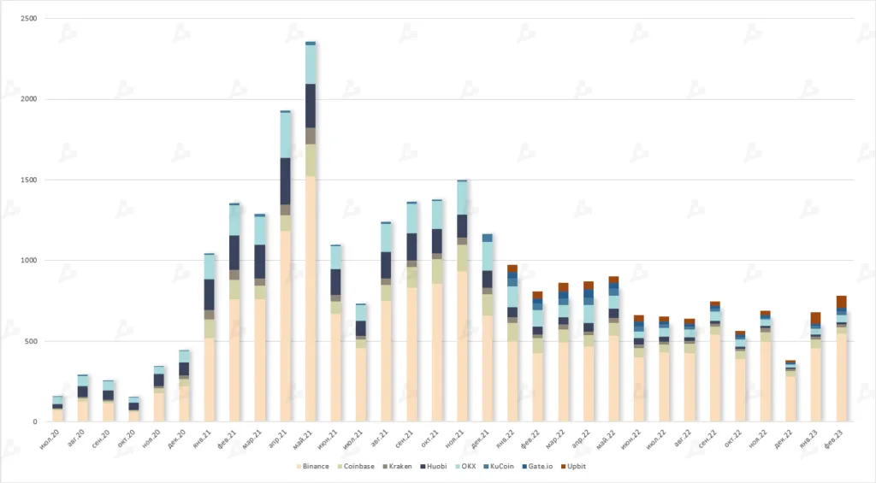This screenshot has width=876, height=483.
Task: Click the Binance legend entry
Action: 316,467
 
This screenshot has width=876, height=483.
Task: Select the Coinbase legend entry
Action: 363,467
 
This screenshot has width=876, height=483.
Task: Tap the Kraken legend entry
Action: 408,467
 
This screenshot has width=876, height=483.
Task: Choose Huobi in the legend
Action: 448,467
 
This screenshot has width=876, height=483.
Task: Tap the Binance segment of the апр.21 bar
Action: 285,325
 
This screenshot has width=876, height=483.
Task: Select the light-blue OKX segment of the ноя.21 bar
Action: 462,197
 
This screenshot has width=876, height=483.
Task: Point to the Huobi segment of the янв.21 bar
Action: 210,294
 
